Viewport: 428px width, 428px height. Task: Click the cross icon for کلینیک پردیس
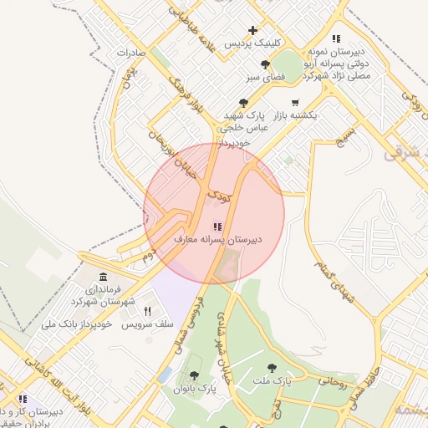[252, 31]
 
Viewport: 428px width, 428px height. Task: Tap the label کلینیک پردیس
[252, 43]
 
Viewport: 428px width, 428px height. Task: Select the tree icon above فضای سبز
[265, 64]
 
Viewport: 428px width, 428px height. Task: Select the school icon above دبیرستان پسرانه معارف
[217, 226]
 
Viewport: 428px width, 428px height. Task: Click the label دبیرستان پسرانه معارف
[217, 239]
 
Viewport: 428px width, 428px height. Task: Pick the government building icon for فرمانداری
[103, 277]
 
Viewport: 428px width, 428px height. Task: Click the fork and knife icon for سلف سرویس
[148, 311]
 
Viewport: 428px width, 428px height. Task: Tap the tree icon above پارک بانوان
[195, 376]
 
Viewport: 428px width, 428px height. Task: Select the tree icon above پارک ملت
[271, 368]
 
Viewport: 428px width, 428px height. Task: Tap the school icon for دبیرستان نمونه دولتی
[336, 38]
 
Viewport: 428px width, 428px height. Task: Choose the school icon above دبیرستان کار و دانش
[23, 399]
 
